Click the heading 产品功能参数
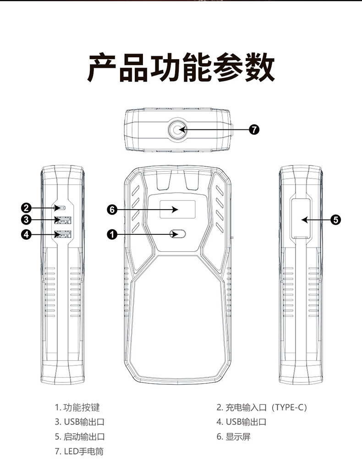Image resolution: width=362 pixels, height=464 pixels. (181, 68)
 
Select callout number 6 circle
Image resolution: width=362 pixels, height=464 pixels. (112, 210)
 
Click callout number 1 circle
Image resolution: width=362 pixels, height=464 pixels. (112, 234)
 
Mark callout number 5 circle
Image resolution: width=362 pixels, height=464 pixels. (335, 220)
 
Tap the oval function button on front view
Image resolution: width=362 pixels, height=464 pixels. (178, 234)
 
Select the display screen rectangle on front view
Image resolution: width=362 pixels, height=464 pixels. (177, 210)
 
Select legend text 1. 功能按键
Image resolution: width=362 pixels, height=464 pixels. (77, 407)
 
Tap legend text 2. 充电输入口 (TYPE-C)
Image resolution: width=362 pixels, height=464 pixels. (262, 407)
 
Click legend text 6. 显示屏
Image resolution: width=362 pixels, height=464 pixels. (234, 436)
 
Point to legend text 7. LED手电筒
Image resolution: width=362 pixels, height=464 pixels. (79, 451)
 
